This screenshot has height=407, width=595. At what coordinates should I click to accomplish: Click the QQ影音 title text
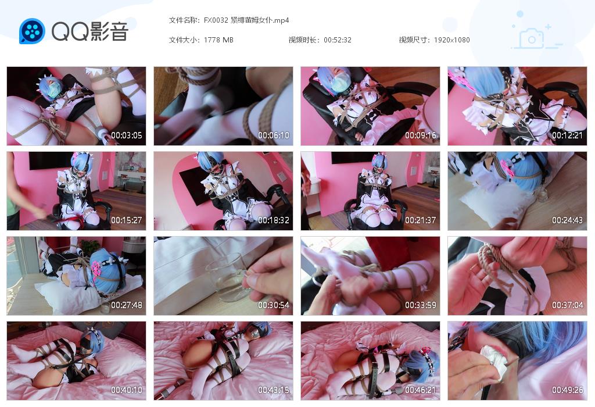(89, 31)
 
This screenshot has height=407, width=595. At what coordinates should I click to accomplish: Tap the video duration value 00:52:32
(338, 40)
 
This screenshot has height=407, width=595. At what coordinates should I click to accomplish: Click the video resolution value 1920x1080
(451, 40)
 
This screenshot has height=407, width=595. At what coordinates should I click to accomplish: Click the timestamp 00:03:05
(127, 135)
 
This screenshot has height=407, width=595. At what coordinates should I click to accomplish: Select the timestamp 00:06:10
(274, 135)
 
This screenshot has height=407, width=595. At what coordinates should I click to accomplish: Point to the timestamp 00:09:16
(421, 135)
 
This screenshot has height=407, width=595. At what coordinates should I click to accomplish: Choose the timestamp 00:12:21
(568, 135)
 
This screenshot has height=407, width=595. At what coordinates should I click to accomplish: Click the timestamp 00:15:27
(127, 220)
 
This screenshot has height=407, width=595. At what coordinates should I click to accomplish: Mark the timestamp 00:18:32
(274, 220)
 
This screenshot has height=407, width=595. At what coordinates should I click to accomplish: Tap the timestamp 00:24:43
(568, 220)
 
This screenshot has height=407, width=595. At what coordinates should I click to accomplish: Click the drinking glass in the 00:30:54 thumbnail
(226, 278)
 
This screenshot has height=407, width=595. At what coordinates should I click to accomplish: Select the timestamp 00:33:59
(421, 305)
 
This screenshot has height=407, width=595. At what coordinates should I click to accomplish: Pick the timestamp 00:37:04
(568, 305)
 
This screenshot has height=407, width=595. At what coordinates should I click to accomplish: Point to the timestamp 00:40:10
(127, 390)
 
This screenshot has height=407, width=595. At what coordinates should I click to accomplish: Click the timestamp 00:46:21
(421, 390)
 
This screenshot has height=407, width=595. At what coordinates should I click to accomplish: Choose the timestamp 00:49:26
(568, 390)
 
